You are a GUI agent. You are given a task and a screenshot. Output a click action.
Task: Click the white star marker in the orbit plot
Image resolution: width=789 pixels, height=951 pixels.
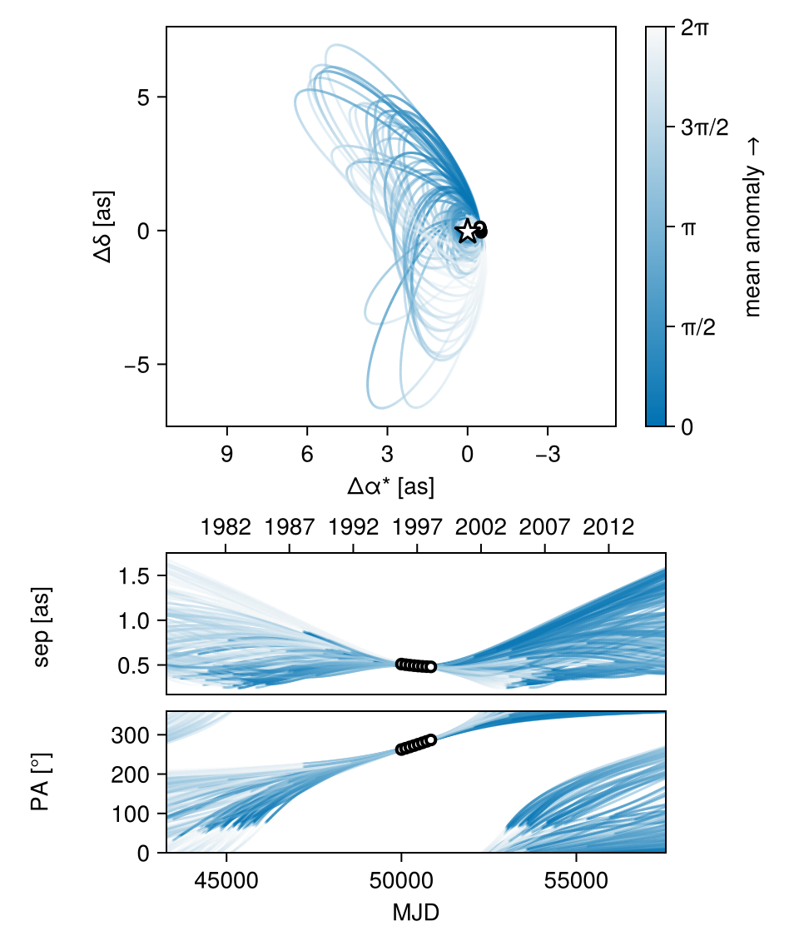coord(467,231)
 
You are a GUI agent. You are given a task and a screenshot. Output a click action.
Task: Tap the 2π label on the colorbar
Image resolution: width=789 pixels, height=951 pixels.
coord(694,27)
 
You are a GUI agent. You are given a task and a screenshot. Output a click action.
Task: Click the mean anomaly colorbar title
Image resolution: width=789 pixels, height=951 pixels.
coord(753,227)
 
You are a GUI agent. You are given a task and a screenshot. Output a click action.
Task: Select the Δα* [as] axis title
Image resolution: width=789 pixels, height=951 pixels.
coord(391,487)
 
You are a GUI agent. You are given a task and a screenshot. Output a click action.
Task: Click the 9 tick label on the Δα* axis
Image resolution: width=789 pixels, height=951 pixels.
coord(226,455)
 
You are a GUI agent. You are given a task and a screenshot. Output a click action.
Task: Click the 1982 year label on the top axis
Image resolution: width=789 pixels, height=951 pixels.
coord(226,528)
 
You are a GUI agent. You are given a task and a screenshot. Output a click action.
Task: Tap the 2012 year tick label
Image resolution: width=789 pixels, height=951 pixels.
coord(609,528)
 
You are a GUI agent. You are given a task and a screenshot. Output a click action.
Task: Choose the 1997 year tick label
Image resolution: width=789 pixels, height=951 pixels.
coord(417,528)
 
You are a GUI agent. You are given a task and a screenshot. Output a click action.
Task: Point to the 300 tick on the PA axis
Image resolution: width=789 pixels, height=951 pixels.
coord(137,735)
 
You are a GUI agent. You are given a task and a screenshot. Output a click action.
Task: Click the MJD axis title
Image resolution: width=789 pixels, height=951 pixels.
coord(415,913)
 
